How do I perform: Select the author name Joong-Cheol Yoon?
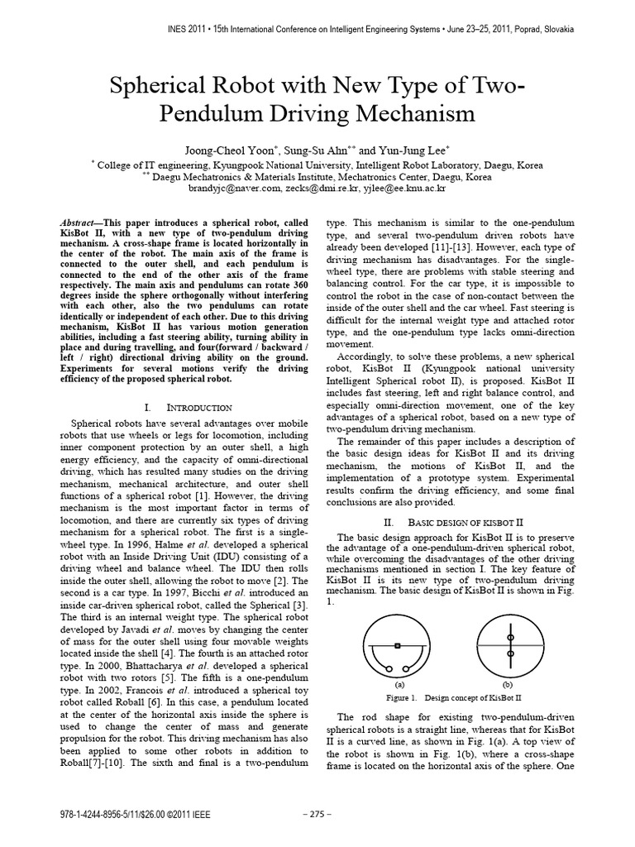[236, 151]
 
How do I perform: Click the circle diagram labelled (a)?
[399, 646]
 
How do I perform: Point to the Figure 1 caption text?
[454, 697]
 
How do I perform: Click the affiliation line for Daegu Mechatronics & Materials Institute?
[317, 176]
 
